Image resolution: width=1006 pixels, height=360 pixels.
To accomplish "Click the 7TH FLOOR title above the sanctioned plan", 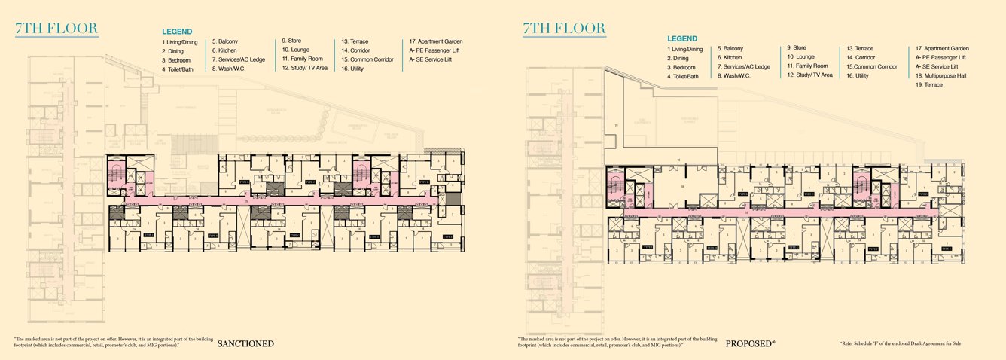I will point(56,29).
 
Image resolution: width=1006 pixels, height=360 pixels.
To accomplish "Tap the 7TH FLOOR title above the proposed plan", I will point(564,29).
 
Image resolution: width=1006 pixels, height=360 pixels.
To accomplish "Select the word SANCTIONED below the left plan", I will point(245,344).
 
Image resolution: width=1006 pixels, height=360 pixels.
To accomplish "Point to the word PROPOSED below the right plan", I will point(750,344).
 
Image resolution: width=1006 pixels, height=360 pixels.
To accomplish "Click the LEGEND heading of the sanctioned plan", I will point(177,32).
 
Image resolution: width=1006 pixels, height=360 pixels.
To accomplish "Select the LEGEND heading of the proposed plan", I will point(682,38).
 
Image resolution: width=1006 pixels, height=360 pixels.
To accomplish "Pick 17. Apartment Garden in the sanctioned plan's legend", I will point(436,41).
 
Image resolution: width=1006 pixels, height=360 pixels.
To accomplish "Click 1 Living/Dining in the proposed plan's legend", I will point(684,49).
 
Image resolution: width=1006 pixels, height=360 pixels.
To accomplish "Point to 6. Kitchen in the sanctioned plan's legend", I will point(225,50).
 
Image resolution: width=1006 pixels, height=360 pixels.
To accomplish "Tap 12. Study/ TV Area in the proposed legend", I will point(809,75).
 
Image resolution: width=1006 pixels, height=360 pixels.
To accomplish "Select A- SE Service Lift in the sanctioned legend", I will point(430,59).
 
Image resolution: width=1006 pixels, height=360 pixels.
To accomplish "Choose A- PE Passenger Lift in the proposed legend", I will point(940,57).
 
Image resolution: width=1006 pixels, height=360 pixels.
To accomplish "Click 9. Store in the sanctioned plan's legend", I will point(294,41).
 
